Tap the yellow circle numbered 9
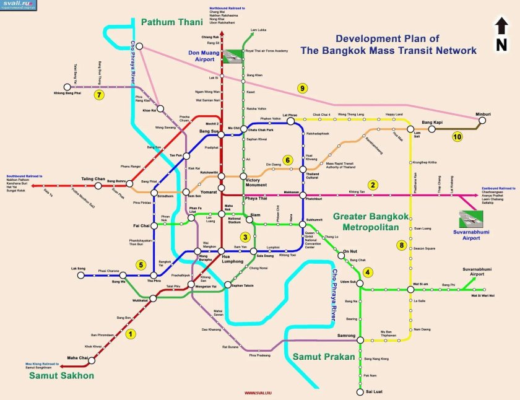[302, 88]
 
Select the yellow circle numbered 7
[98, 95]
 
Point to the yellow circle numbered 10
[457, 137]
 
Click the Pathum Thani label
[172, 22]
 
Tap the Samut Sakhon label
[60, 375]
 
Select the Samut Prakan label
[324, 357]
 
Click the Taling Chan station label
[93, 179]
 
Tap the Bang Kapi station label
[433, 123]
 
